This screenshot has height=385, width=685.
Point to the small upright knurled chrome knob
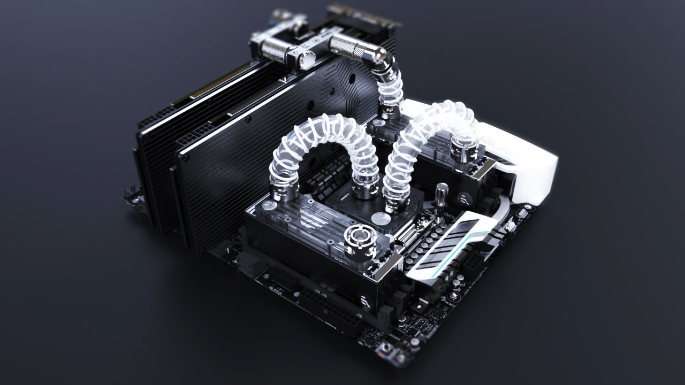pyautogui.click(x=442, y=193)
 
